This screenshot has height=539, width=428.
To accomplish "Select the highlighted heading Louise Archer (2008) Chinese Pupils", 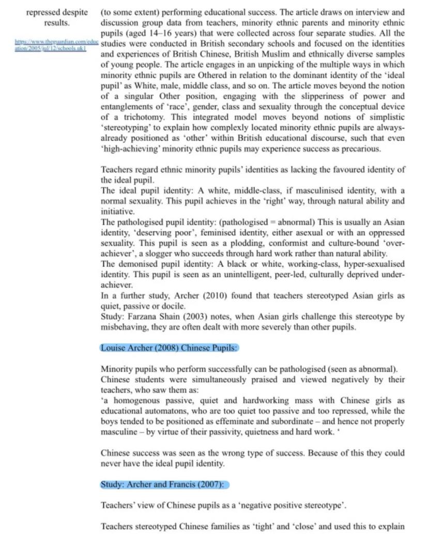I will [x=169, y=348].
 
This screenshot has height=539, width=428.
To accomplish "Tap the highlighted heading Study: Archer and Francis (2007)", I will [x=164, y=485].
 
